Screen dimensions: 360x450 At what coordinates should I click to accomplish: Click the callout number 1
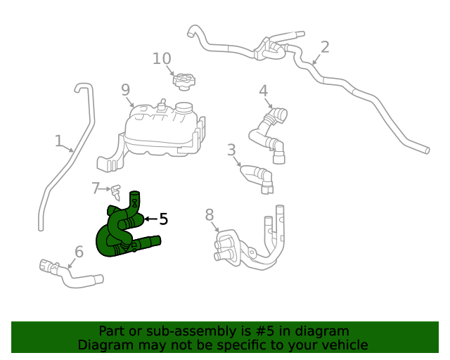tap(59, 141)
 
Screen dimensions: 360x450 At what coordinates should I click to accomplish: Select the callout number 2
tap(324, 47)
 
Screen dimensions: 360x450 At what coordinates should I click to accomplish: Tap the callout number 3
tap(231, 150)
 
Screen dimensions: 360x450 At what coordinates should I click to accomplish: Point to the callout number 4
tap(263, 91)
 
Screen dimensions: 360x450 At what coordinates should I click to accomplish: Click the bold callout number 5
tap(163, 219)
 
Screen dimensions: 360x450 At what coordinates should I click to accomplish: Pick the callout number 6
tap(79, 251)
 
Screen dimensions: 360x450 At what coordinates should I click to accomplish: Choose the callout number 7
tap(96, 188)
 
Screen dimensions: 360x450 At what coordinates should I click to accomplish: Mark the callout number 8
tap(210, 215)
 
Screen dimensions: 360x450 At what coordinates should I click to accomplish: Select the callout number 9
tap(126, 89)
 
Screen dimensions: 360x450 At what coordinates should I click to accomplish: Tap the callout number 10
tap(162, 58)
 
